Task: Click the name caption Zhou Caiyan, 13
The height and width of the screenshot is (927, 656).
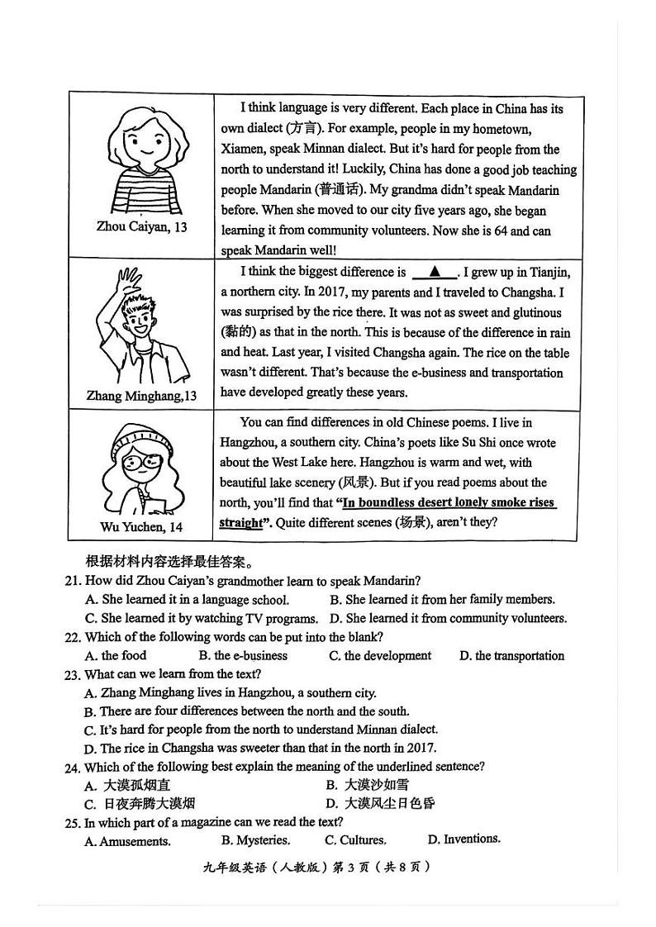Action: [141, 226]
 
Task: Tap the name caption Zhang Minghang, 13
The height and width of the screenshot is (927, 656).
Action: [141, 396]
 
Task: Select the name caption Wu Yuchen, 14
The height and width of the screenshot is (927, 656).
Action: [141, 527]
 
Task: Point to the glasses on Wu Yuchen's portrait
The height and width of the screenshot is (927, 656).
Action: [142, 463]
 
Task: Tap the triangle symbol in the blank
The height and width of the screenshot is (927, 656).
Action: [434, 272]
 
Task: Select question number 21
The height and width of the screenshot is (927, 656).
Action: [73, 581]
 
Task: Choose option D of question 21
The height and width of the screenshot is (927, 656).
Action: [448, 618]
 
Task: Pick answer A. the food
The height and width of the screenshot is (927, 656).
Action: [116, 656]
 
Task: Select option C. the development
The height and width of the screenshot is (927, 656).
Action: [380, 656]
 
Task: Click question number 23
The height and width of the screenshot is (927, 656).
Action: [73, 674]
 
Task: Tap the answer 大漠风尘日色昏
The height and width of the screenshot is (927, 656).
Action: [381, 803]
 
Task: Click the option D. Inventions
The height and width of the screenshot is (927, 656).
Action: [463, 839]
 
